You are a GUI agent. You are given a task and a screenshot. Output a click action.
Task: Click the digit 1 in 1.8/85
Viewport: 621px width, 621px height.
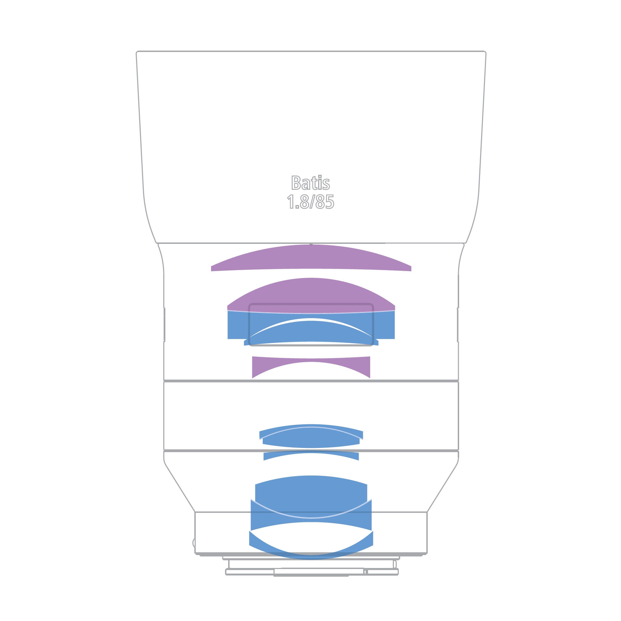click(290, 202)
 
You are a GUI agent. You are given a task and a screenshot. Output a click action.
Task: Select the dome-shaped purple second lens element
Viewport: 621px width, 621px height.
click(311, 295)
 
